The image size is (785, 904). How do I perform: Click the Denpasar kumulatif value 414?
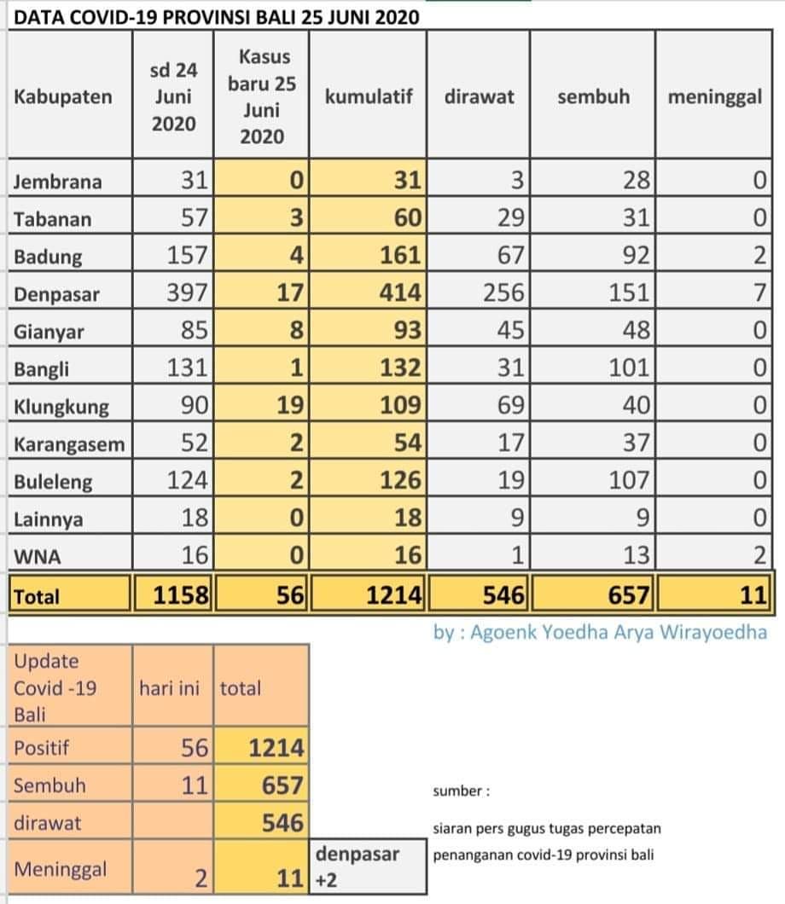(x=399, y=293)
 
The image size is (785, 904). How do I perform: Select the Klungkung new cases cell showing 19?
(x=289, y=405)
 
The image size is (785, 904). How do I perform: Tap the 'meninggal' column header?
(x=715, y=97)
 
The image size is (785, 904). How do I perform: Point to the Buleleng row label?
(x=53, y=481)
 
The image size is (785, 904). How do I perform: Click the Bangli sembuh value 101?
(x=629, y=368)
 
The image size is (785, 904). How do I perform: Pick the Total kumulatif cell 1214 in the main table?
(x=394, y=594)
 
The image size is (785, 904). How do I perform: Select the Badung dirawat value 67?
(x=510, y=255)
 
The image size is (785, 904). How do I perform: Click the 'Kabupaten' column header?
(x=63, y=97)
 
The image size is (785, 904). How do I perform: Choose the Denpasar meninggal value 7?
(x=759, y=293)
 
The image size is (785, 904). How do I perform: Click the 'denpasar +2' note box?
(x=368, y=866)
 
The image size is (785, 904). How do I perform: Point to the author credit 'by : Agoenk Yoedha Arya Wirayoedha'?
(x=600, y=633)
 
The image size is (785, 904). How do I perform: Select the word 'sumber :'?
(x=462, y=791)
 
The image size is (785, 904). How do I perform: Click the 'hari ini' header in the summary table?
(x=169, y=687)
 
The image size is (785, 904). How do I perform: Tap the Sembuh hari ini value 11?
(x=194, y=785)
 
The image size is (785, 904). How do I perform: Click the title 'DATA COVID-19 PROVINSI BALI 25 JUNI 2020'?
(x=216, y=17)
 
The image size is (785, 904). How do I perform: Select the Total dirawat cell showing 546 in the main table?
(x=503, y=594)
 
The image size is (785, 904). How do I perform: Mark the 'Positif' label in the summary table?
(x=41, y=748)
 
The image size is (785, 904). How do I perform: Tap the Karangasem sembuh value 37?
(x=637, y=443)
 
